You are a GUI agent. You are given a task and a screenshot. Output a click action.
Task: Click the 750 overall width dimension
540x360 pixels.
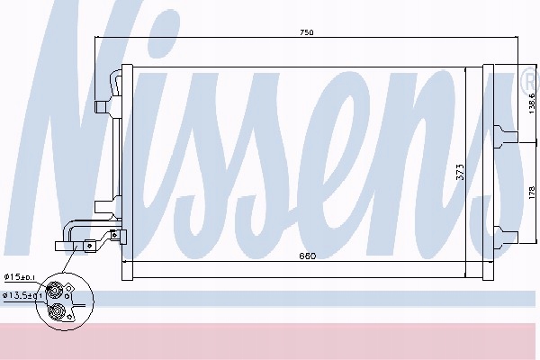(307, 32)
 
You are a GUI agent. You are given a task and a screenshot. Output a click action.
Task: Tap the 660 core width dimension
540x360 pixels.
(307, 256)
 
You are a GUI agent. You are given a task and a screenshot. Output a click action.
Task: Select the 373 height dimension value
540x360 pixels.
(460, 172)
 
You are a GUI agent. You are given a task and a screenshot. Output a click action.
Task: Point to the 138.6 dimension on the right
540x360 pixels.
(531, 103)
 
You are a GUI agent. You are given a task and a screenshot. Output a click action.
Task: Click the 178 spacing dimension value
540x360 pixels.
(531, 193)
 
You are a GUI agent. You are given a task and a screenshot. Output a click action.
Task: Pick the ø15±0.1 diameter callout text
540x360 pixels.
(19, 276)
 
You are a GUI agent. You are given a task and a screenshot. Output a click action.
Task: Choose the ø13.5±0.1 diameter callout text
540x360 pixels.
(22, 295)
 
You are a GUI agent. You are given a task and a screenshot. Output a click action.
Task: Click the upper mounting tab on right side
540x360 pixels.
(506, 137)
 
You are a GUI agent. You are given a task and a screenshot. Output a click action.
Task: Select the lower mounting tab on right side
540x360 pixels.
(506, 237)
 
